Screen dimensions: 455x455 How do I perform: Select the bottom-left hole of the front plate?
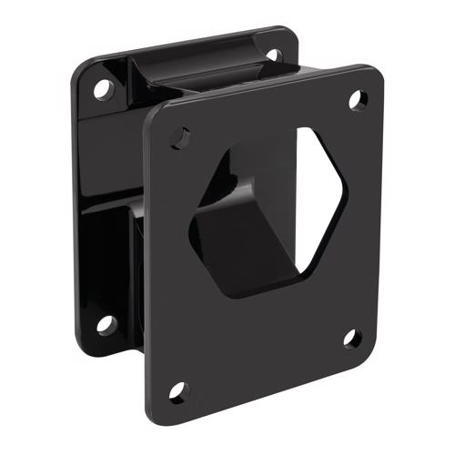[x=178, y=391]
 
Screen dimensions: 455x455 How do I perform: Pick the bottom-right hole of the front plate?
[x=351, y=339]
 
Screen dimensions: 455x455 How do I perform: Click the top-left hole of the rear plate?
[x=102, y=89]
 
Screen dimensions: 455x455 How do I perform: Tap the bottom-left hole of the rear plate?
[x=106, y=323]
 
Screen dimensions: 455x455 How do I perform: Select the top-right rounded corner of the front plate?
[x=375, y=73]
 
